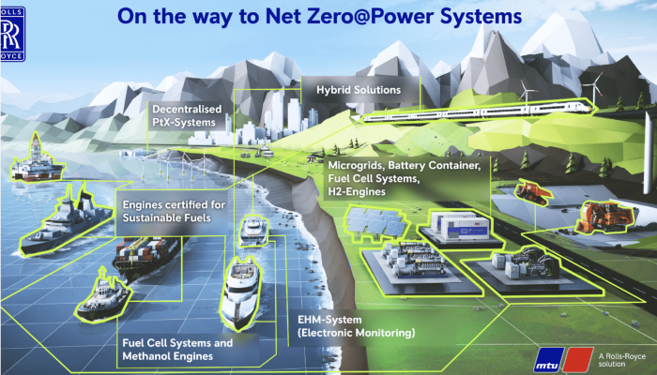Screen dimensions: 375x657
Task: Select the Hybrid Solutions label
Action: pos(357,90)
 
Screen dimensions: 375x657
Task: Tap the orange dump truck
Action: pos(531,192)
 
